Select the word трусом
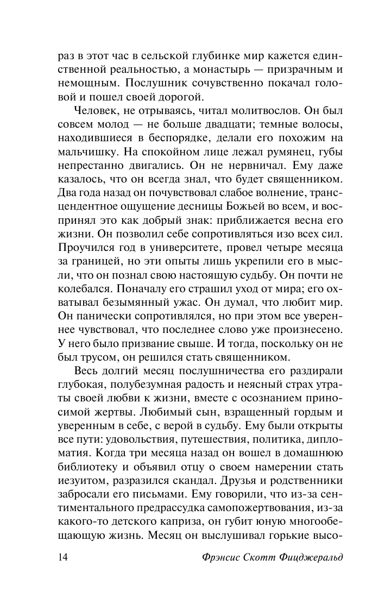click(102, 358)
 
